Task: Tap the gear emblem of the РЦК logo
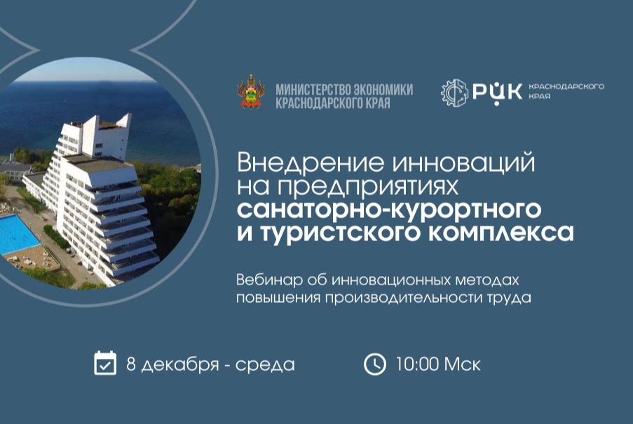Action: tap(454, 93)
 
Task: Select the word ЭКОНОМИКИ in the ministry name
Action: tap(385, 90)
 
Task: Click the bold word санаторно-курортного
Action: tap(389, 208)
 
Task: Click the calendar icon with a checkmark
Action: tap(105, 363)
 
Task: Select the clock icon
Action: tap(375, 364)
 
